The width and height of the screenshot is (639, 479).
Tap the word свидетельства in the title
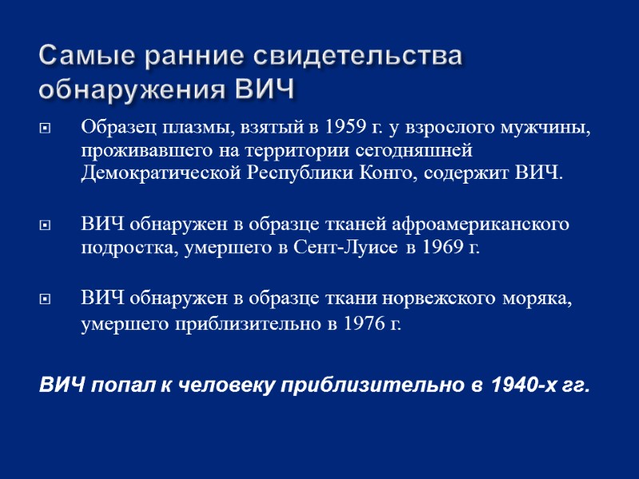coord(358,57)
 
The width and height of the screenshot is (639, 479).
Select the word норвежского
coord(441,299)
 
